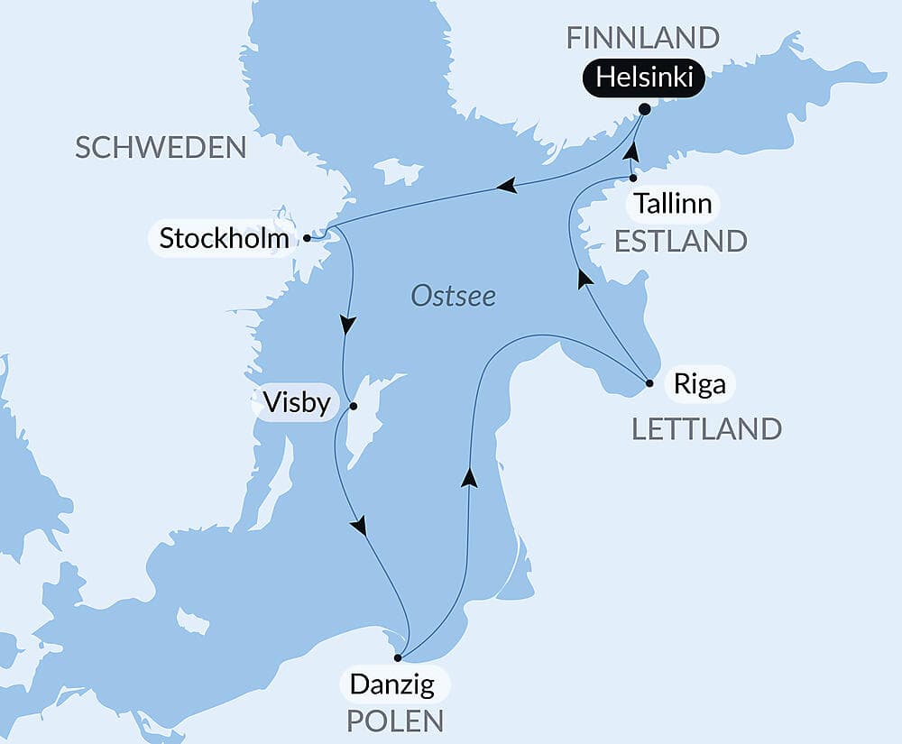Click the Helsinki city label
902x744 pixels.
pyautogui.click(x=644, y=79)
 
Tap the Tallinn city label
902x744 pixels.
pyautogui.click(x=672, y=204)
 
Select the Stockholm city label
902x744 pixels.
pyautogui.click(x=224, y=239)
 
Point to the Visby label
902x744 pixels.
pyautogui.click(x=297, y=402)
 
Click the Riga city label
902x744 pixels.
pyautogui.click(x=699, y=385)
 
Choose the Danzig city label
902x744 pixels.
pyautogui.click(x=391, y=684)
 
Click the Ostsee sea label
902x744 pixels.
pyautogui.click(x=454, y=296)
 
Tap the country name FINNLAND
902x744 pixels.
pyautogui.click(x=642, y=38)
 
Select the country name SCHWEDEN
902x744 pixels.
pyautogui.click(x=161, y=148)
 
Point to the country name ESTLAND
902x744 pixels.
pyautogui.click(x=680, y=241)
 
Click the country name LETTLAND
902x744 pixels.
pyautogui.click(x=706, y=428)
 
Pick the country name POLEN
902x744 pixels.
pyautogui.click(x=397, y=721)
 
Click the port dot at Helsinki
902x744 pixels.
pyautogui.click(x=644, y=109)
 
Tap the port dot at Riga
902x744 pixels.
pyautogui.click(x=649, y=384)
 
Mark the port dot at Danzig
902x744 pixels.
pyautogui.click(x=398, y=657)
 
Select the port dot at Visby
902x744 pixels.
pyautogui.click(x=354, y=406)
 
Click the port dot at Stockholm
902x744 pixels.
pyautogui.click(x=308, y=238)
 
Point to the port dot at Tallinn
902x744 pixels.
pyautogui.click(x=633, y=179)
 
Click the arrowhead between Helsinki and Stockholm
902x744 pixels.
pyautogui.click(x=507, y=186)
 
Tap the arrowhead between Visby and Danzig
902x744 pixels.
pyautogui.click(x=361, y=525)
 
